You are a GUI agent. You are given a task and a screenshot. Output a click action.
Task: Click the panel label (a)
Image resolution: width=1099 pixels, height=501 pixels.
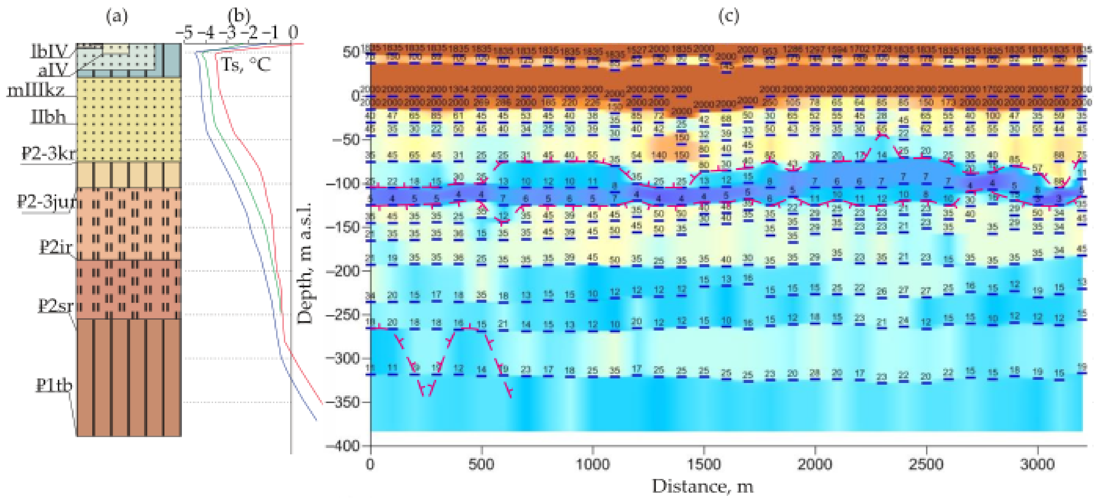point(117,17)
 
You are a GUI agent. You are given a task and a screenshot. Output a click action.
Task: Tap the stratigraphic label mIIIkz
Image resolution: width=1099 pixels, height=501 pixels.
point(37,91)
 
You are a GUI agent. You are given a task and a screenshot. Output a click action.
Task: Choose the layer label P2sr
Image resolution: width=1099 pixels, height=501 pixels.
point(56,306)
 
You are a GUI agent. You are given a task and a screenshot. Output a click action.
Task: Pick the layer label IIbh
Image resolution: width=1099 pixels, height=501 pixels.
point(48,117)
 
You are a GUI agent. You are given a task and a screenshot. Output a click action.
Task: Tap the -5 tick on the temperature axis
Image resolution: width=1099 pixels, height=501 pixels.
point(185,32)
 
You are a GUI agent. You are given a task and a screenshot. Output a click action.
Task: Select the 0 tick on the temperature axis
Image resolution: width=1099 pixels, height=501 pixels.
point(293,32)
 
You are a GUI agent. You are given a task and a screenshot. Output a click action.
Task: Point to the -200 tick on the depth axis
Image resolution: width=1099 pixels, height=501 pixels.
point(342,271)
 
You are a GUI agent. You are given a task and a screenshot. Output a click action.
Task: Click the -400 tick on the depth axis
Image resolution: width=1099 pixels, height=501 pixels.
point(342,446)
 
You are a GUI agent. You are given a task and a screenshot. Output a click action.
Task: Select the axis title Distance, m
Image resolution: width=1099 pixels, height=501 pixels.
point(703,486)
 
